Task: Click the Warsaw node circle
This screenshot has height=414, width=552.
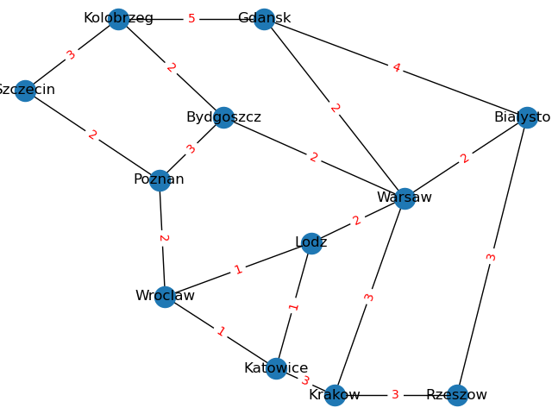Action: [405, 198]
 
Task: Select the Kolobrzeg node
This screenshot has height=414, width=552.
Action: [119, 19]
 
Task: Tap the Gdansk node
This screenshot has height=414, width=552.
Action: [264, 19]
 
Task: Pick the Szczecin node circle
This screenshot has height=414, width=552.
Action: [25, 91]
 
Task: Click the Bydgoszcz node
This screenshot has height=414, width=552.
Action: [223, 117]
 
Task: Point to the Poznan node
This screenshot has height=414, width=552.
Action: [160, 180]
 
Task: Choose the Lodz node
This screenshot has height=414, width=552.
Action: [311, 243]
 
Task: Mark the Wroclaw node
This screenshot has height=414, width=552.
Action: [165, 297]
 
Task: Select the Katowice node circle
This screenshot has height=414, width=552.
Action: [276, 368]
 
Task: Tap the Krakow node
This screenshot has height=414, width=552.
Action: [335, 395]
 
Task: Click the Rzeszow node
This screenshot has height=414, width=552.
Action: [457, 395]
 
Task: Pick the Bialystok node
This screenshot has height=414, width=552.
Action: [527, 117]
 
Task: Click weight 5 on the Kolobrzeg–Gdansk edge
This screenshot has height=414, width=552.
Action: [191, 19]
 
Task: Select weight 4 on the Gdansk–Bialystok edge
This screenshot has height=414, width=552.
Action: [396, 68]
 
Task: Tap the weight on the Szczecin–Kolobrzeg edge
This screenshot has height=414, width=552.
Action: [72, 55]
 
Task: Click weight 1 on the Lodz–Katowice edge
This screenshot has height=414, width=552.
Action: [293, 306]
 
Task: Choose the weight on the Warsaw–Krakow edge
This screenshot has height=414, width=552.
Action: [369, 298]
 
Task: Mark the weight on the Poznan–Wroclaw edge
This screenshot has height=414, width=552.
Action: [162, 238]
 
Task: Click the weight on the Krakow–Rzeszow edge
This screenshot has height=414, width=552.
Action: [396, 395]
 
